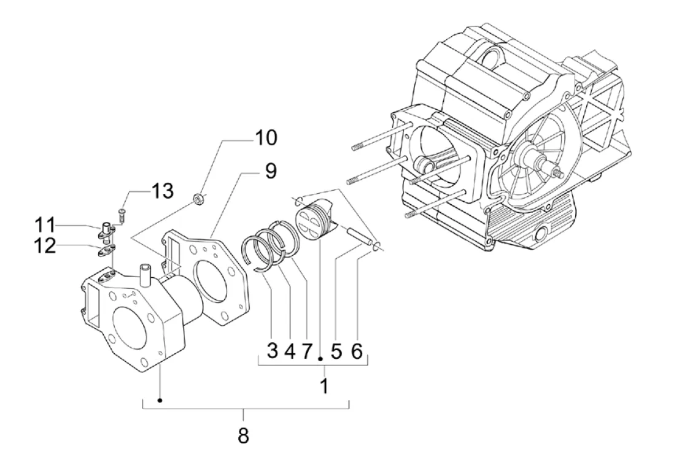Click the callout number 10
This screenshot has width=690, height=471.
click(x=266, y=137)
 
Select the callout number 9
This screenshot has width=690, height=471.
click(x=271, y=170)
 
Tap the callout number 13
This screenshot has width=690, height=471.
click(x=163, y=191)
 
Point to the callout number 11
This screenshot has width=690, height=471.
click(x=45, y=225)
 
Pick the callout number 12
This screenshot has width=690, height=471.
click(x=45, y=246)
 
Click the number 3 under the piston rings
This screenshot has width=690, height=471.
click(x=273, y=351)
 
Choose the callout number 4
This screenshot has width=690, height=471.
click(x=290, y=351)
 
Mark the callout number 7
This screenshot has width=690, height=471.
click(x=307, y=351)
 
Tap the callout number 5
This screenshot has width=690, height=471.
click(x=336, y=351)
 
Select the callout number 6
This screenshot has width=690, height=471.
click(x=357, y=351)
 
